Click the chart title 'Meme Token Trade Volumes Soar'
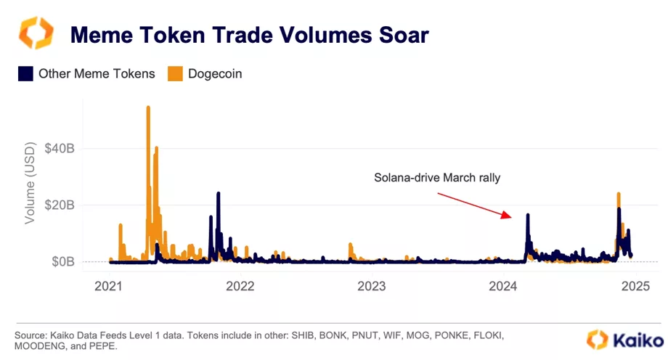coord(249,34)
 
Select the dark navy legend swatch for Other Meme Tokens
coord(25,73)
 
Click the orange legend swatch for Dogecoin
coord(175,73)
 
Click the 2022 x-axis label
coord(240,286)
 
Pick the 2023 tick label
coord(372,286)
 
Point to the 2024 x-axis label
coord(503,286)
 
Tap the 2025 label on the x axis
coord(635,286)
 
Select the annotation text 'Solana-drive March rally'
coord(437,178)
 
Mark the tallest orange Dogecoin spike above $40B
coord(148,108)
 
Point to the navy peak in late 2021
coord(218,194)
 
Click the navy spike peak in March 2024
coord(528,215)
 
